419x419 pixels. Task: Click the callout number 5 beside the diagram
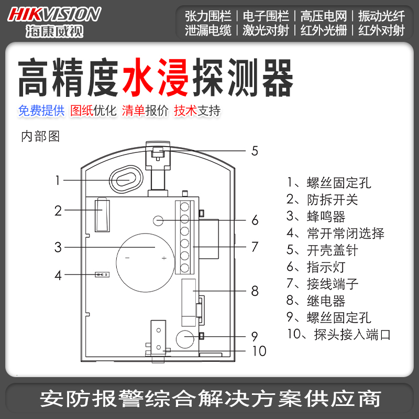(255, 151)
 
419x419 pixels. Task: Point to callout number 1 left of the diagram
(58, 181)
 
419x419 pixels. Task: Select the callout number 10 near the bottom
(259, 350)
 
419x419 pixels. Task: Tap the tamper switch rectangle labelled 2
(102, 214)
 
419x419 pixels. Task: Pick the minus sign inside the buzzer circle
(126, 258)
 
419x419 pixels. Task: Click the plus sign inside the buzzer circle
(164, 258)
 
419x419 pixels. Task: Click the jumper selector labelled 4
(101, 274)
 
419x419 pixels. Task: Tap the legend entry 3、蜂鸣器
(316, 216)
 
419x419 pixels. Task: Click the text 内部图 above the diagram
(40, 137)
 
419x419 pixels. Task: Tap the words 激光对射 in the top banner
(266, 30)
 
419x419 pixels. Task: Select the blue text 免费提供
(41, 111)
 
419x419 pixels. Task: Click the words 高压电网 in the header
(323, 15)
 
